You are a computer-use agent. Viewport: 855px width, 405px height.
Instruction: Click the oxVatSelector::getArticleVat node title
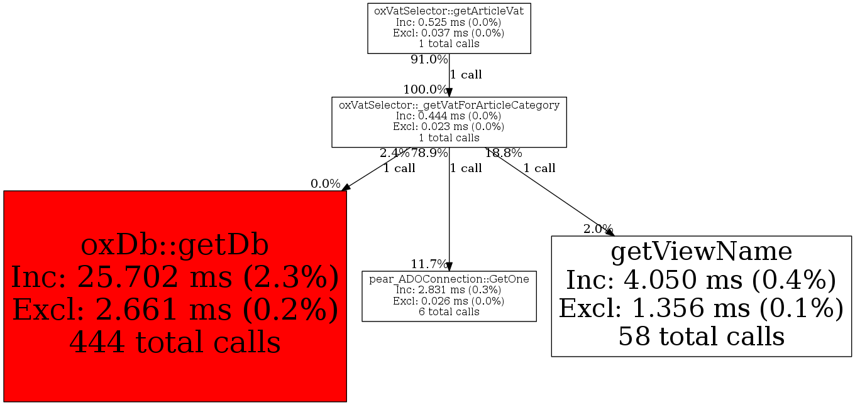tap(449, 11)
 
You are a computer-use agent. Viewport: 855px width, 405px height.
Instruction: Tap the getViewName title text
tap(701, 252)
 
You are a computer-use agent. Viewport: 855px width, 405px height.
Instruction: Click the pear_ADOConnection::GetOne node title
tap(449, 278)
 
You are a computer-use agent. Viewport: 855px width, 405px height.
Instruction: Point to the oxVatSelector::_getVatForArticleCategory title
tap(449, 105)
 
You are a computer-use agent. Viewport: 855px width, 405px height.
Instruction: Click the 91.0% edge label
tap(429, 60)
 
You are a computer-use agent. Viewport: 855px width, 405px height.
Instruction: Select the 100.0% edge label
tap(425, 89)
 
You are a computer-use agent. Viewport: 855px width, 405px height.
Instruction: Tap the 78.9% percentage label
tap(429, 153)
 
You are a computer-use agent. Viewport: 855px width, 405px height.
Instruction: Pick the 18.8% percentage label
tap(503, 153)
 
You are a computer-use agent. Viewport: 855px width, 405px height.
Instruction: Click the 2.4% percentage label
tap(394, 153)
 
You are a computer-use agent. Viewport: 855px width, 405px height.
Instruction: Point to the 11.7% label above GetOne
tap(429, 264)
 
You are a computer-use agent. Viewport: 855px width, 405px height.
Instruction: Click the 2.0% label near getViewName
tap(597, 229)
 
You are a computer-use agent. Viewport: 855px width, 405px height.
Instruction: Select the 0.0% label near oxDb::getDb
tap(325, 184)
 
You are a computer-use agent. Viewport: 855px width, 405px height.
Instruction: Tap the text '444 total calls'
tap(175, 342)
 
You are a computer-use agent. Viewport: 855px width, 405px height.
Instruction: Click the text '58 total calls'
tap(701, 337)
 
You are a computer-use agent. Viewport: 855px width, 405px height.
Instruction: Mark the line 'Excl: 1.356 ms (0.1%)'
tap(701, 308)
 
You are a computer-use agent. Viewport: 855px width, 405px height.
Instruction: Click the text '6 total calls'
tap(449, 311)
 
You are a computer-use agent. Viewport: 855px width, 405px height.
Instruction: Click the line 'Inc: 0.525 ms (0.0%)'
tap(449, 22)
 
